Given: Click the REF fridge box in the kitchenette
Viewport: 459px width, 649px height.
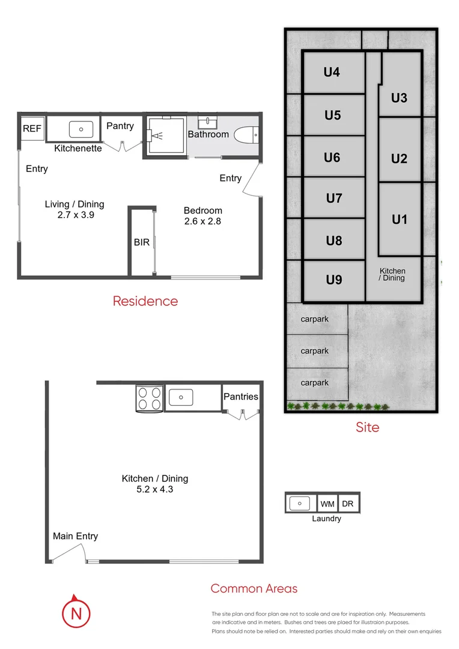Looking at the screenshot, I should [32, 129].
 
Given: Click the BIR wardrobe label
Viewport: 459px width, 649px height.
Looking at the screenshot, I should [142, 243].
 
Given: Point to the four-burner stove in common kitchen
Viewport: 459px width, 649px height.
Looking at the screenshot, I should [149, 397].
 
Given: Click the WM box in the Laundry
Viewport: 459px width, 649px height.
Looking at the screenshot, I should [327, 504].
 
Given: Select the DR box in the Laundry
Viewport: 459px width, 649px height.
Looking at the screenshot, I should [348, 504].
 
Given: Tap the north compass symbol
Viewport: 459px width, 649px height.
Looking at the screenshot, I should [76, 613].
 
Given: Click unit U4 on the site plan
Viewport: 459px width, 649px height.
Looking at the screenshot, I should [332, 72].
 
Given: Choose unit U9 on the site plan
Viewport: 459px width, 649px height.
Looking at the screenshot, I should [333, 279].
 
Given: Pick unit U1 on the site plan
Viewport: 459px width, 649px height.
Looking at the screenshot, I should [399, 219].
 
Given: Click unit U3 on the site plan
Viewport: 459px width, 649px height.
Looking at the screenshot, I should [399, 97].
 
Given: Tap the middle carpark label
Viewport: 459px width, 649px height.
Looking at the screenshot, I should [315, 351].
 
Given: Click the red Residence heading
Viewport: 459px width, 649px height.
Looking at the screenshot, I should [145, 301].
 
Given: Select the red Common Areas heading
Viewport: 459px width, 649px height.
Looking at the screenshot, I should [254, 589].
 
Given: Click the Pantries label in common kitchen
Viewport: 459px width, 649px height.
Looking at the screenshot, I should [241, 397].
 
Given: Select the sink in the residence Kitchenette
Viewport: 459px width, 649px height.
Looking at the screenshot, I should [81, 129].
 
